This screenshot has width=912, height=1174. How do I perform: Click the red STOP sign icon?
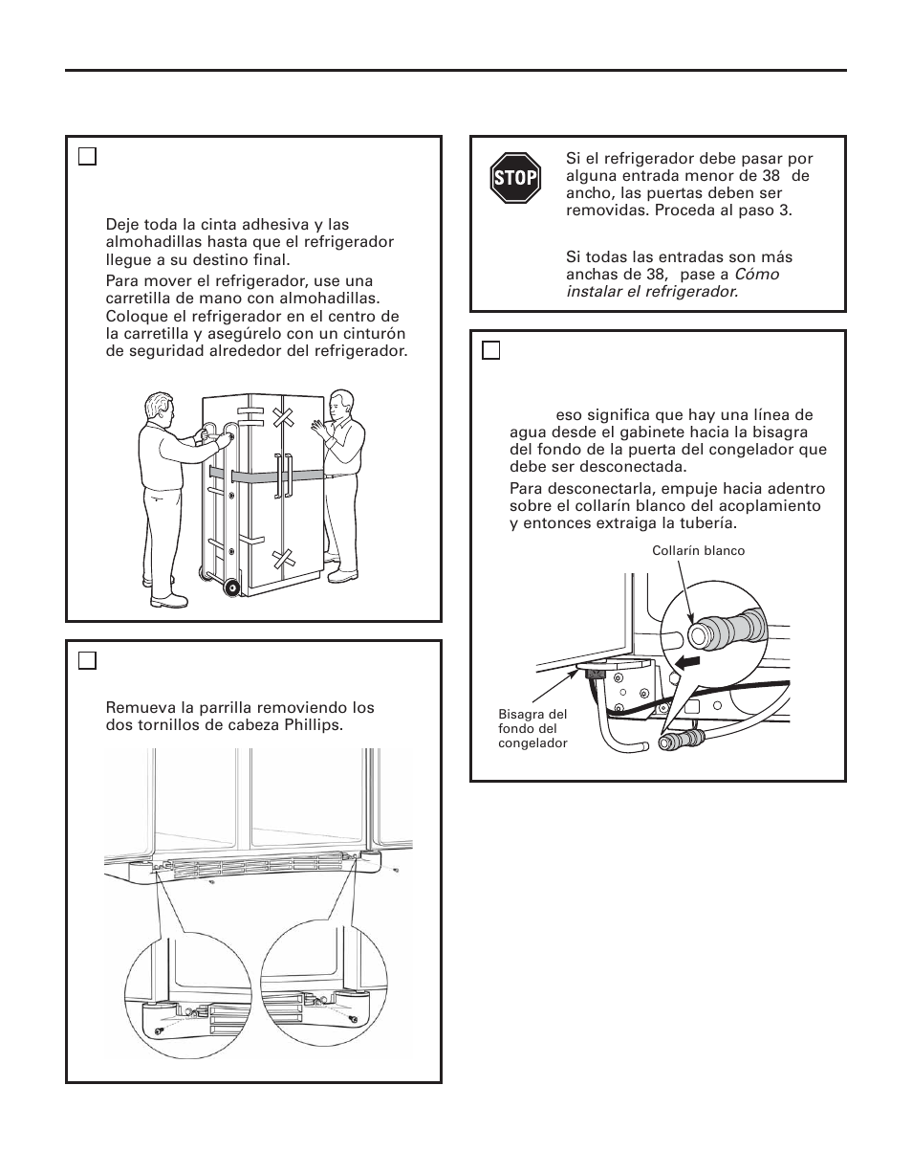pos(515,178)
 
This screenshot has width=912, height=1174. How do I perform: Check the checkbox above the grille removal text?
pos(87,660)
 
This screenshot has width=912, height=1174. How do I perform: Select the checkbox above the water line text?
pos(491,350)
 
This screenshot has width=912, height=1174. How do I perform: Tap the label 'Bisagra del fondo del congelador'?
pos(532,729)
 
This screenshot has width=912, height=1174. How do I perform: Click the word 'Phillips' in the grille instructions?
pos(313,724)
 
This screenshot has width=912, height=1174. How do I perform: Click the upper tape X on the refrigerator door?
pos(282,418)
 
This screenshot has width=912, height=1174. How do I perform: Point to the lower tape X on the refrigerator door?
pos(283,558)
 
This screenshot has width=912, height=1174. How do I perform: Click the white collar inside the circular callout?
pos(706,633)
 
